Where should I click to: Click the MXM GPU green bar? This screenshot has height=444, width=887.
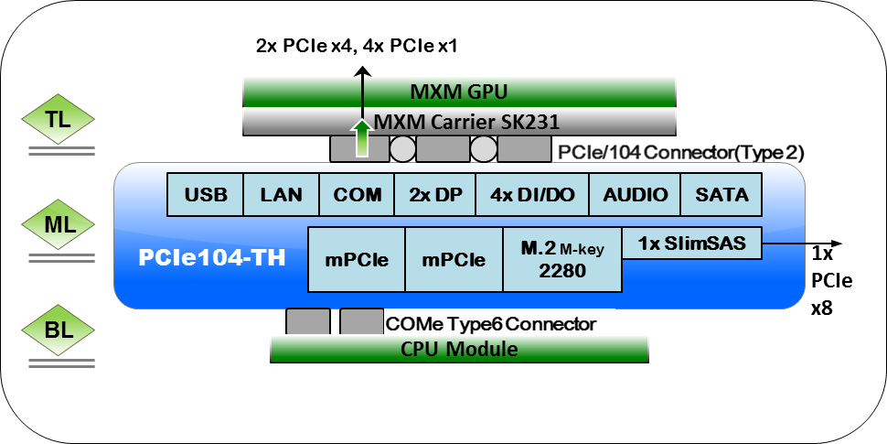(458, 92)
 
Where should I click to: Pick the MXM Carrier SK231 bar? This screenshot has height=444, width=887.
(458, 121)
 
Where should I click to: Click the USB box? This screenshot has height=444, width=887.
(205, 194)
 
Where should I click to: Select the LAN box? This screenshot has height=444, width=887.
(281, 194)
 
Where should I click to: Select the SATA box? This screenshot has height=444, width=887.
(721, 194)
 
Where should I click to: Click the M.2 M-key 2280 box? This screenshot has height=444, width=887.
(562, 260)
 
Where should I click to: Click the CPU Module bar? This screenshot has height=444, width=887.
(459, 349)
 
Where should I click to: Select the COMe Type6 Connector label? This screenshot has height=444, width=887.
(491, 323)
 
